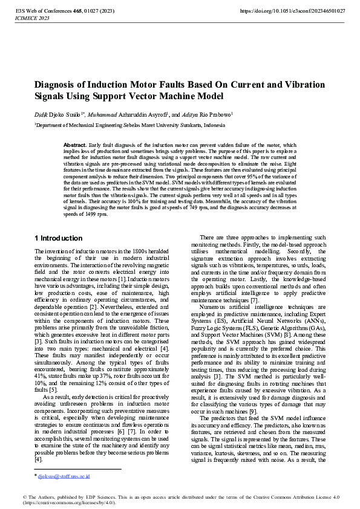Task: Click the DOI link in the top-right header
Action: click(x=293, y=11)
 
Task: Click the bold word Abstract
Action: click(x=75, y=145)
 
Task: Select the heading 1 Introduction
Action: click(x=59, y=238)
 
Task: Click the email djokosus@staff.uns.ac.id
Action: click(x=64, y=476)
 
